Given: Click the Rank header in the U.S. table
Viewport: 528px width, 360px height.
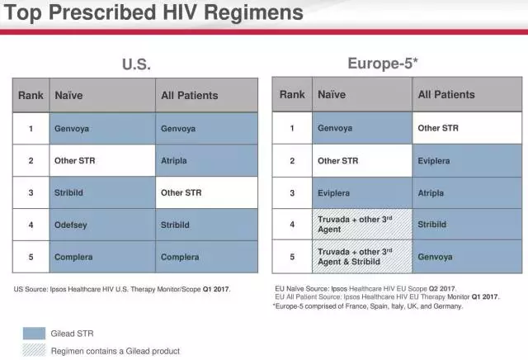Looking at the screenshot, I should point(31,96).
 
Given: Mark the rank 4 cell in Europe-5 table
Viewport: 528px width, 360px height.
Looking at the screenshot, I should point(292,224).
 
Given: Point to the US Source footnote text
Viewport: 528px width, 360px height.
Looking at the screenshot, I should point(122,289).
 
